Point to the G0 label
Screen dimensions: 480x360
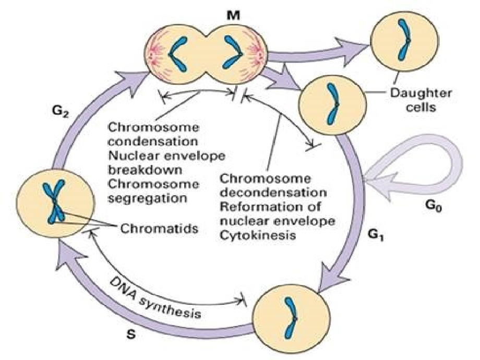tap(434, 207)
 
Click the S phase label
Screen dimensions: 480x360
tap(131, 334)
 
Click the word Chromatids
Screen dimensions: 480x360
tap(159, 229)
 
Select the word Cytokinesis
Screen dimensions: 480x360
tap(258, 235)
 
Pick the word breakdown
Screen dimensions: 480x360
tap(146, 169)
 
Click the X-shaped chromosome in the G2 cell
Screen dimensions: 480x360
tap(54, 202)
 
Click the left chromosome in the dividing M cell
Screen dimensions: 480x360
tap(178, 54)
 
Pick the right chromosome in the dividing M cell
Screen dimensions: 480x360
tap(233, 52)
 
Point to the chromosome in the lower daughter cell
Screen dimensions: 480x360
tap(332, 104)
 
